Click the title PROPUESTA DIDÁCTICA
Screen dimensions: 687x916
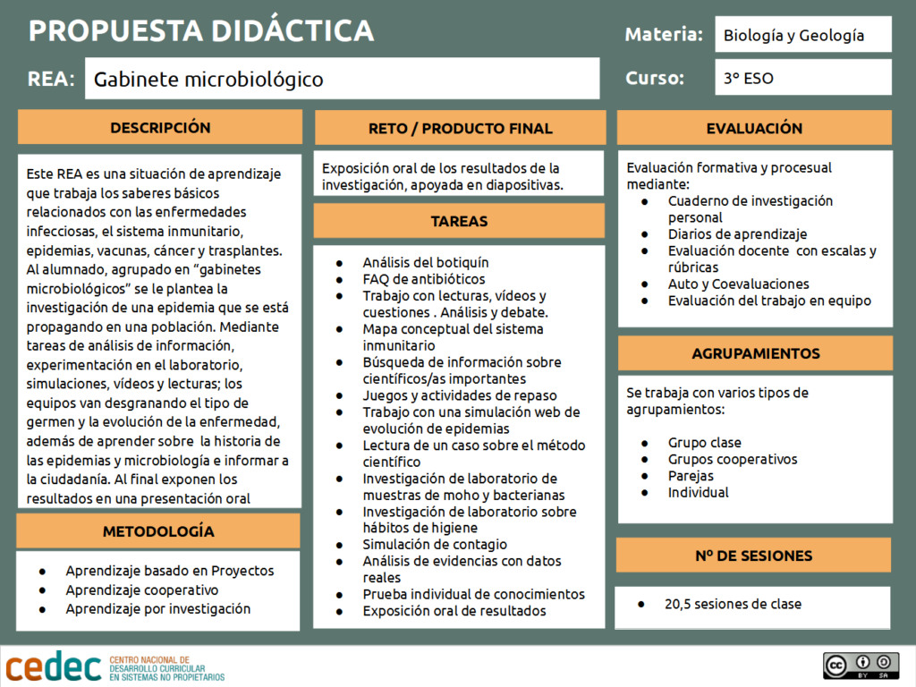point(201,30)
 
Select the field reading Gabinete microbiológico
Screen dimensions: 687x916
point(342,79)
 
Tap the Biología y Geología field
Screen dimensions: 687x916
point(802,36)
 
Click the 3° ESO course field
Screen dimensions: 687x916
point(802,78)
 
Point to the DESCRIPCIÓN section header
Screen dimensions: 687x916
point(160,127)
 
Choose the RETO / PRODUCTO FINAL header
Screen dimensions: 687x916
point(461,128)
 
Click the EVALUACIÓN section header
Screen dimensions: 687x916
point(754,128)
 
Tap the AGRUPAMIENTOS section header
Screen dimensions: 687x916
point(755,353)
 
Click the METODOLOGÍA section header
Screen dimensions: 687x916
point(158,531)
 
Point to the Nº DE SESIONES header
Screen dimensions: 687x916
point(753,556)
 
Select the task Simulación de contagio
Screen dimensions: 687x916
point(435,544)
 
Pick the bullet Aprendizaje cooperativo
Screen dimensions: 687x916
point(141,589)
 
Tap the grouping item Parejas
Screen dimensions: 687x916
point(691,475)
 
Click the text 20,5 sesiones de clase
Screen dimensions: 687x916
point(733,604)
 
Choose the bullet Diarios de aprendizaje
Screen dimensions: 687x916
point(737,233)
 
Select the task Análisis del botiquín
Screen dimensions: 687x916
point(425,262)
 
